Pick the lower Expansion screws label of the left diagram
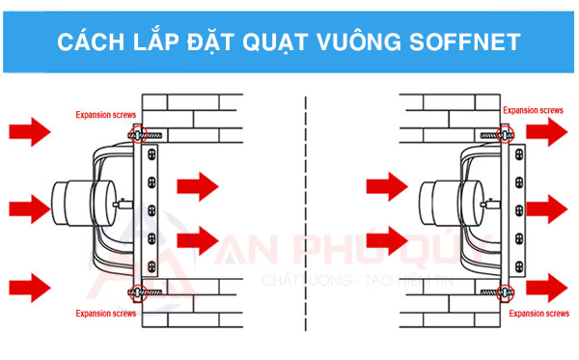(x=106, y=313)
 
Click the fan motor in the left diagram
(x=74, y=203)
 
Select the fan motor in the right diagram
(x=449, y=203)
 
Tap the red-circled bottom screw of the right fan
(x=503, y=290)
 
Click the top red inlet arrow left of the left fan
(x=26, y=131)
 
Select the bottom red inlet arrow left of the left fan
(x=26, y=285)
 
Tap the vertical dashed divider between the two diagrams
(x=306, y=212)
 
